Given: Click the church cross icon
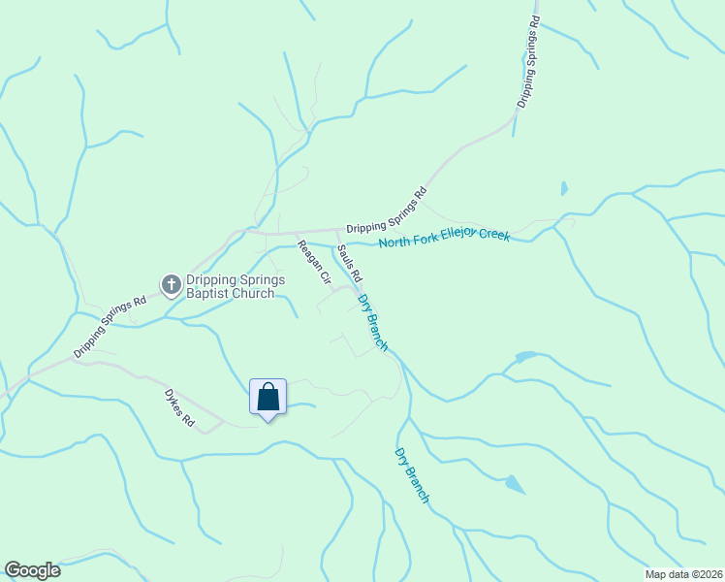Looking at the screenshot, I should pyautogui.click(x=172, y=284).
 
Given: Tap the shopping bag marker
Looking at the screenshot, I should pyautogui.click(x=268, y=398).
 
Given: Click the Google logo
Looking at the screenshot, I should pyautogui.click(x=32, y=570).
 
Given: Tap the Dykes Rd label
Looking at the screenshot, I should pyautogui.click(x=179, y=409).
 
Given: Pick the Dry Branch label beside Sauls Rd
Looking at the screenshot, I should pyautogui.click(x=373, y=321).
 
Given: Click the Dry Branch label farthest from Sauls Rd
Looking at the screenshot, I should pyautogui.click(x=412, y=474).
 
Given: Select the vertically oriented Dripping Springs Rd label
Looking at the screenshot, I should pyautogui.click(x=526, y=60).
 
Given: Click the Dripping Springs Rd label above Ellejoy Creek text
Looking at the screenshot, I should pyautogui.click(x=387, y=210).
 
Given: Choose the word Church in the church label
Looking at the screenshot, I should pyautogui.click(x=255, y=293).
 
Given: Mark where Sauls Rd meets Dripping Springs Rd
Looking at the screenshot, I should pyautogui.click(x=336, y=232).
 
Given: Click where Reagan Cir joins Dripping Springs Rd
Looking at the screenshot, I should pyautogui.click(x=296, y=234).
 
